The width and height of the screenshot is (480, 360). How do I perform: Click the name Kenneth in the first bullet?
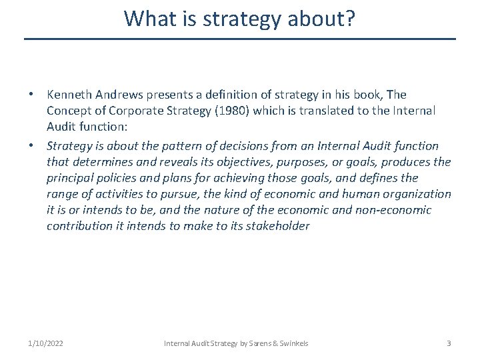69,95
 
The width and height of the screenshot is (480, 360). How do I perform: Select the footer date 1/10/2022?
46,343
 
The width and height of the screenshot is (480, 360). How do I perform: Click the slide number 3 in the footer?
449,343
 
